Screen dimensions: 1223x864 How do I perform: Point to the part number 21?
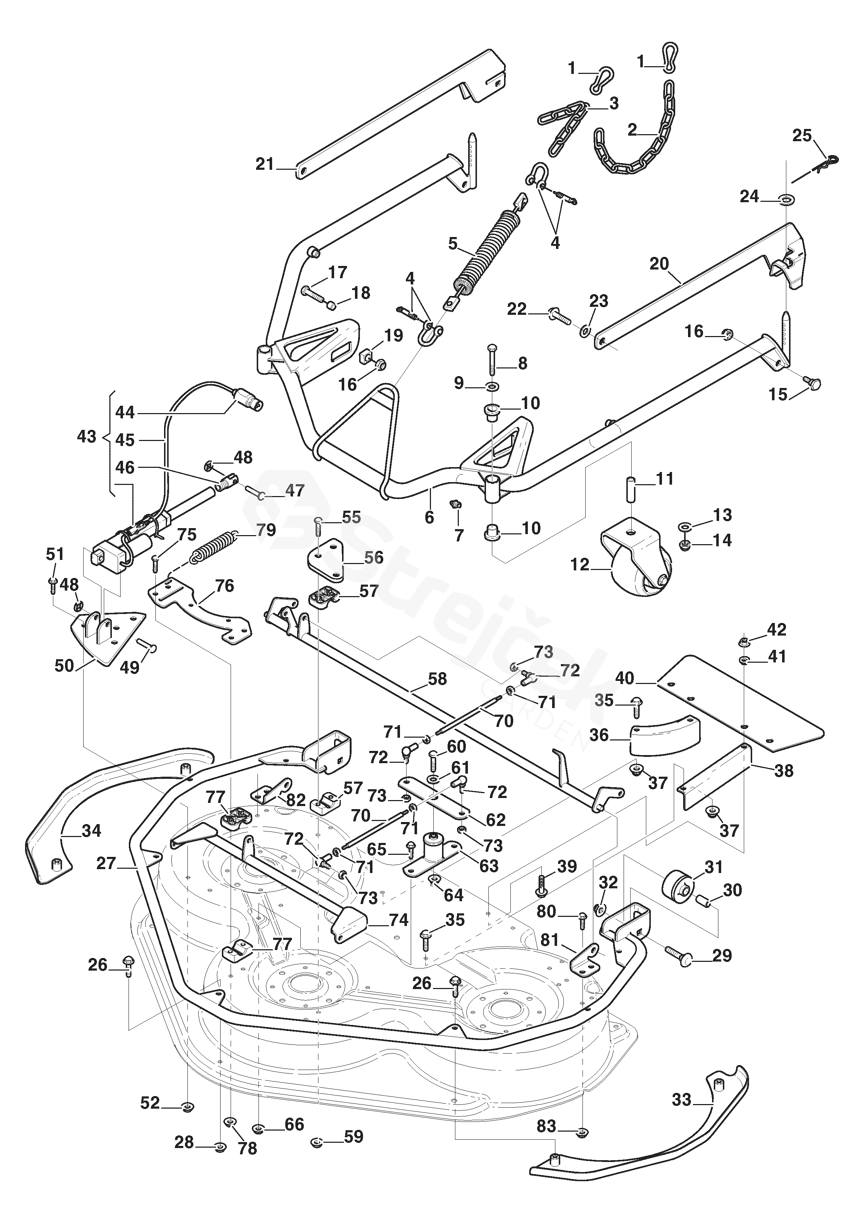pyautogui.click(x=264, y=165)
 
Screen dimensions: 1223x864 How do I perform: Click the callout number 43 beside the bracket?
pyautogui.click(x=87, y=437)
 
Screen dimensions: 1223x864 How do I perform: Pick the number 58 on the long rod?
pyautogui.click(x=437, y=679)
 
